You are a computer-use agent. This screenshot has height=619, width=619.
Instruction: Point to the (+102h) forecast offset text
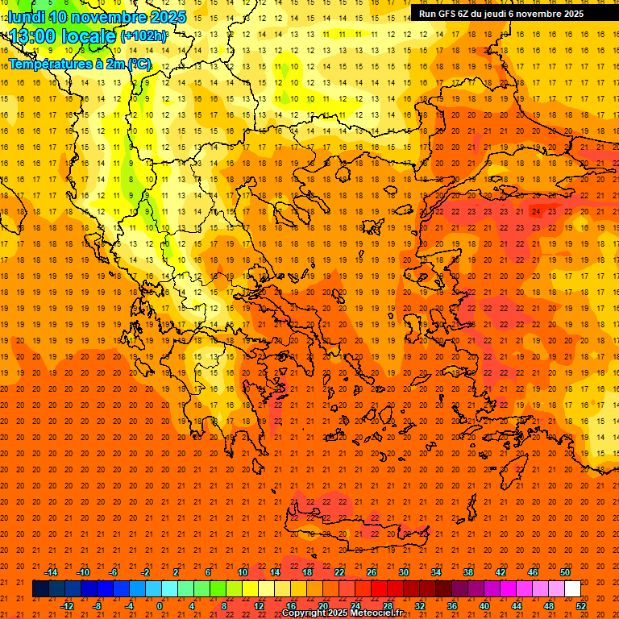[143, 36]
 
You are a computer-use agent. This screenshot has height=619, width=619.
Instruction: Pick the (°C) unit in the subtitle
[139, 64]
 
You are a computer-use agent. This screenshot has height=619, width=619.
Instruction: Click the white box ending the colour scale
[572, 589]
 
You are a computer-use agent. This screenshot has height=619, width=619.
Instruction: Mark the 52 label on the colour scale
[581, 606]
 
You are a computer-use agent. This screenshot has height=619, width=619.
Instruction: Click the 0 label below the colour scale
[160, 606]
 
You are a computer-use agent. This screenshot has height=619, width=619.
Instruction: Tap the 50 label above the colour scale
[565, 572]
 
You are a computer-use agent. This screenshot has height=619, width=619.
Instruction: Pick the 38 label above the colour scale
[468, 572]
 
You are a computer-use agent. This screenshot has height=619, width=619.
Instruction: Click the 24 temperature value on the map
[535, 212]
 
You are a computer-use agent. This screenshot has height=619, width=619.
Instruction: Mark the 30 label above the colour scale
[404, 572]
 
